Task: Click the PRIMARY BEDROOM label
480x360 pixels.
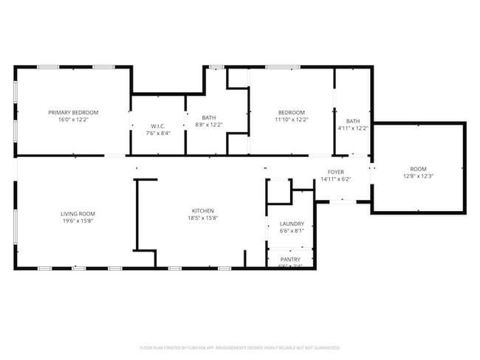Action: [x=73, y=112]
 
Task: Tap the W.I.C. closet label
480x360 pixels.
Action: [x=158, y=126]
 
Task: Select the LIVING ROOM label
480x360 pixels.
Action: [x=78, y=213]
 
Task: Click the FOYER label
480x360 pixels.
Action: [x=336, y=172]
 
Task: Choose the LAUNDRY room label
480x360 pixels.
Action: [x=292, y=224]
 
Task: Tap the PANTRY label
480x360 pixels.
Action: [x=289, y=259]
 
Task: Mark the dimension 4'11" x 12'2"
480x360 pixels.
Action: [x=353, y=128]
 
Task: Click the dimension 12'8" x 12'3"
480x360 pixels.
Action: [x=417, y=176]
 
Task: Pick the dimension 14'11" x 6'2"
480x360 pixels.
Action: [x=336, y=179]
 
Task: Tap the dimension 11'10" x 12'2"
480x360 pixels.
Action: [x=292, y=120]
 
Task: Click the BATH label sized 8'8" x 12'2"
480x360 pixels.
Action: [x=209, y=118]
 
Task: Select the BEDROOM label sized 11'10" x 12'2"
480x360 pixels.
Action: [x=292, y=112]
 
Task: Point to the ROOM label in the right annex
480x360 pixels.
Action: [x=417, y=169]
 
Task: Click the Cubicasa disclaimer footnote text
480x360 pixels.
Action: [x=240, y=347]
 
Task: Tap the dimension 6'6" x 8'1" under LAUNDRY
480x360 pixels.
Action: [x=292, y=231]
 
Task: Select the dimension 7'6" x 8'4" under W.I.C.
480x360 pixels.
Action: [x=158, y=134]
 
